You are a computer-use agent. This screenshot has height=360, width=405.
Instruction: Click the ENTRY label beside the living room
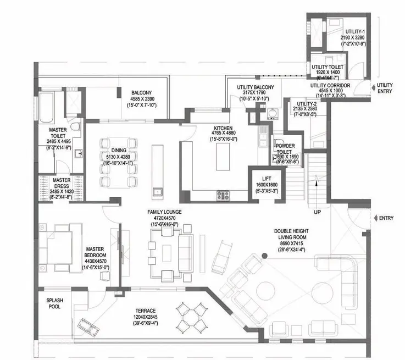tap(386, 218)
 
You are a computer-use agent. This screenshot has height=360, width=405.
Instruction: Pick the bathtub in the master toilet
tap(47, 107)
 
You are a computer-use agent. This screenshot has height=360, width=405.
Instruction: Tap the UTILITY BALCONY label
tap(256, 87)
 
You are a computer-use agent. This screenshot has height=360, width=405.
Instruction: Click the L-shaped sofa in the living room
tap(345, 280)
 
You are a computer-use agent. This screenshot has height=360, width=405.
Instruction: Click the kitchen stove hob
tap(223, 194)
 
